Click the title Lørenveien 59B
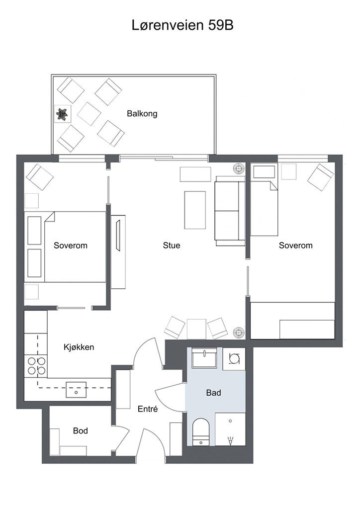click(x=182, y=25)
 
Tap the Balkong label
click(x=142, y=114)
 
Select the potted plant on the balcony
click(x=62, y=114)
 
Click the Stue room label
click(x=172, y=246)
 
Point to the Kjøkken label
click(x=79, y=347)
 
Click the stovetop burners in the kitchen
click(x=36, y=366)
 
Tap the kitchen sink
click(x=76, y=390)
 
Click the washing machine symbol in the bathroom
click(x=234, y=359)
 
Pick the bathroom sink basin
click(x=204, y=358)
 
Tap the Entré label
click(x=148, y=409)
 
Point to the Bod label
click(x=81, y=431)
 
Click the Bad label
click(x=214, y=393)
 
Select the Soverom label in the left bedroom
click(x=71, y=246)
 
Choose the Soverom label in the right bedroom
click(x=296, y=246)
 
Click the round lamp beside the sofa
click(x=239, y=169)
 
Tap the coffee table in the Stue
click(x=195, y=210)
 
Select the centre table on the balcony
click(x=90, y=114)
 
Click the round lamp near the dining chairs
click(x=239, y=333)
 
